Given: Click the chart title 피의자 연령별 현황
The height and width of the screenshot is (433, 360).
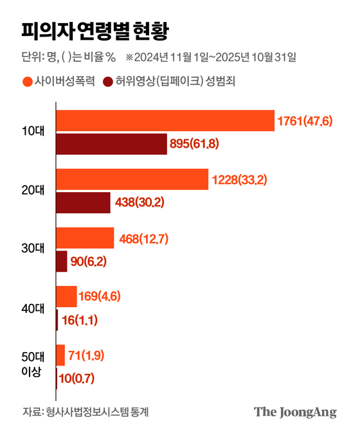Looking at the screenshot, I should point(96,30).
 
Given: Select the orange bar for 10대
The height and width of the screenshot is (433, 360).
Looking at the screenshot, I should point(165,121).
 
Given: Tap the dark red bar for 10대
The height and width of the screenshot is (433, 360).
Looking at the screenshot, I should point(112,144).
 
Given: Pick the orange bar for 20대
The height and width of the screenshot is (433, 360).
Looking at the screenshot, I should point(132,179).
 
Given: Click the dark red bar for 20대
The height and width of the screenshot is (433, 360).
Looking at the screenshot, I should point(83,202).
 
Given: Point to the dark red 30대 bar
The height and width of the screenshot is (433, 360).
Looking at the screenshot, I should point(62,261).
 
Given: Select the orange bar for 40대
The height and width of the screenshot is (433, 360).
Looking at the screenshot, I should point(66,296).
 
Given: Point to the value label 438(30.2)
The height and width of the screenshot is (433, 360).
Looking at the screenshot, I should point(139,202).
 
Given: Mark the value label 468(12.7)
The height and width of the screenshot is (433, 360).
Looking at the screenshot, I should point(144,238).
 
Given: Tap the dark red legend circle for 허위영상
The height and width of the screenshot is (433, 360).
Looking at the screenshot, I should point(107,82).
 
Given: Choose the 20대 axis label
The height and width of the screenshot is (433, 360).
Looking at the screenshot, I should point(32,191).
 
